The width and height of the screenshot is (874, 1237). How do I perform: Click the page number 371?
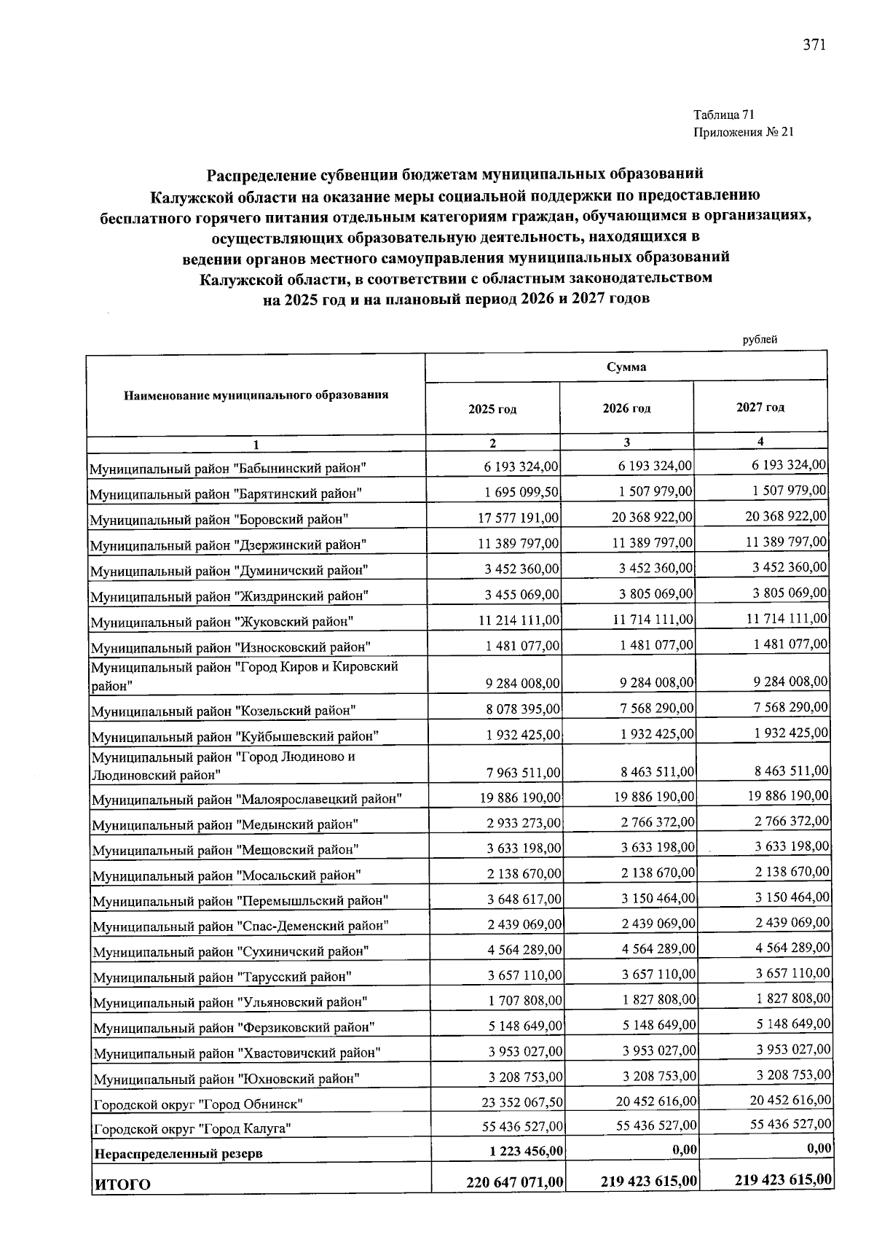(x=814, y=45)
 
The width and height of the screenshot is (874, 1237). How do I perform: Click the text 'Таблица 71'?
(x=724, y=114)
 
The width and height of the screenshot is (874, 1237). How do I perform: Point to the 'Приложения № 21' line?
(x=743, y=132)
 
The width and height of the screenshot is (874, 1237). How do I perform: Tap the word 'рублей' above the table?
(x=760, y=339)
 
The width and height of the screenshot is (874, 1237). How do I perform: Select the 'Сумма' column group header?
(x=626, y=367)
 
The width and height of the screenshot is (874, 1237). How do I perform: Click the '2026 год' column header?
(x=626, y=408)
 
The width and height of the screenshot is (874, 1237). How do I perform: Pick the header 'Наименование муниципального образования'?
(x=256, y=395)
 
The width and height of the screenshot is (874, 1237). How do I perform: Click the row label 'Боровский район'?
(x=219, y=519)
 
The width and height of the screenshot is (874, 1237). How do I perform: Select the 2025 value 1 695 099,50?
(x=521, y=492)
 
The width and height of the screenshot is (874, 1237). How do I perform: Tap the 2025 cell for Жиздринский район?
(x=521, y=594)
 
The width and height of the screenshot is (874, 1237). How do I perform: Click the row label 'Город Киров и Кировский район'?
(x=243, y=676)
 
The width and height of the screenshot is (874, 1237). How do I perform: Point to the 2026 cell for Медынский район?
(x=658, y=823)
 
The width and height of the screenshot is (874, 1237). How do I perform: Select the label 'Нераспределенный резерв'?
(x=178, y=1154)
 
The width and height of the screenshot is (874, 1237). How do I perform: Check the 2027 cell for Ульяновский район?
(x=792, y=998)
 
